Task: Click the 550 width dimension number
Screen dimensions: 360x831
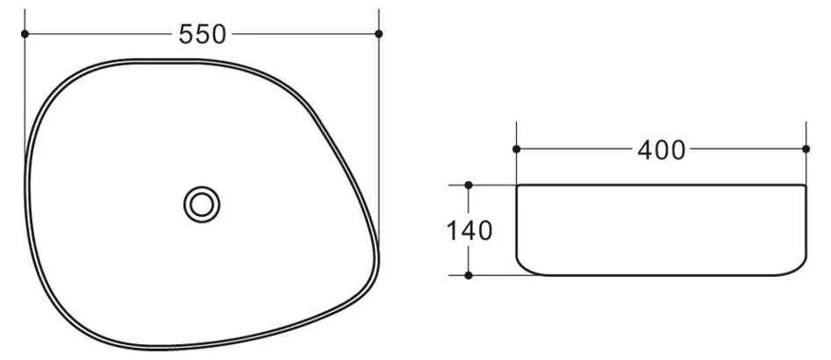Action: (202, 35)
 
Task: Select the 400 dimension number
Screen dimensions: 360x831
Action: (661, 150)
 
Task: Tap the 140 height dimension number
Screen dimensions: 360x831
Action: (469, 231)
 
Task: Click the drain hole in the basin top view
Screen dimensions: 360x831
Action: (201, 203)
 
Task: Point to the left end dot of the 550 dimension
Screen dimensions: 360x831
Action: (25, 34)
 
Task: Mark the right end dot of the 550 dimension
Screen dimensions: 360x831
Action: (379, 34)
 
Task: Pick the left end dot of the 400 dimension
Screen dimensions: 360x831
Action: (517, 149)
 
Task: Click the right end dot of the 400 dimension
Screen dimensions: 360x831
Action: (806, 149)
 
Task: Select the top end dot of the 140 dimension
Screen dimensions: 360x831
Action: (469, 186)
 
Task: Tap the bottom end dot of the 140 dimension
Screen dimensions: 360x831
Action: (469, 275)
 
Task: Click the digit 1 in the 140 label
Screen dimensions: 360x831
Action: (452, 231)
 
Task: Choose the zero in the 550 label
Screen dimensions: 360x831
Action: (218, 35)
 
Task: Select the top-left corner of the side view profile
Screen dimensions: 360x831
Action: (517, 186)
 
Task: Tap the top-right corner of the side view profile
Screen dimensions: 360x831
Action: (806, 186)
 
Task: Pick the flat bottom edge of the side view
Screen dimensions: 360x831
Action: (661, 275)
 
